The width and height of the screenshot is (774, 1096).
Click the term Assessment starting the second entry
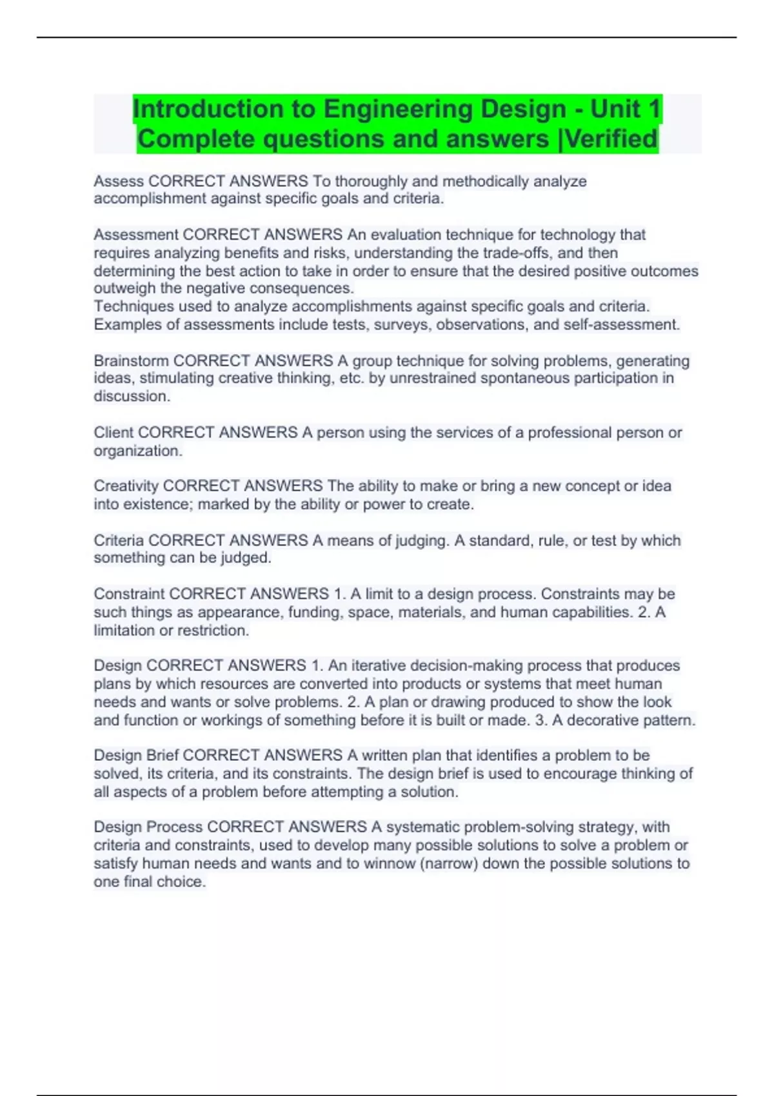pyautogui.click(x=135, y=235)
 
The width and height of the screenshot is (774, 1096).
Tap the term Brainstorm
pyautogui.click(x=131, y=360)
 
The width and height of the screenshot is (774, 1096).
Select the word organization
pyautogui.click(x=136, y=451)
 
